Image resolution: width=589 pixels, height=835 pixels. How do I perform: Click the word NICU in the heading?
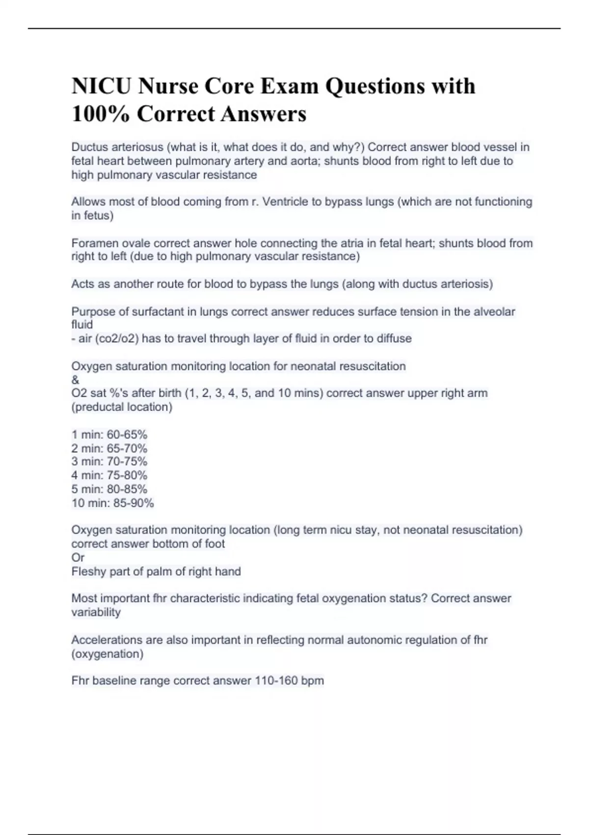click(x=101, y=86)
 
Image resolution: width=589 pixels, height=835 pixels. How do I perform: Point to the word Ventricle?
click(x=288, y=202)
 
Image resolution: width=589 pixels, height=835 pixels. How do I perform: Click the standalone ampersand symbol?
click(x=75, y=380)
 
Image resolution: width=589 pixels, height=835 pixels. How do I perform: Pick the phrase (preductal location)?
click(x=122, y=407)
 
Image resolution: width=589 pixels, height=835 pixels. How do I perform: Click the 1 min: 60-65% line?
click(x=109, y=435)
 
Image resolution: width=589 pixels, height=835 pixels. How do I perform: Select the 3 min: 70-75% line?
click(x=109, y=462)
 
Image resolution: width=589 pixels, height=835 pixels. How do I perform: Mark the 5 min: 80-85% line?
click(x=109, y=489)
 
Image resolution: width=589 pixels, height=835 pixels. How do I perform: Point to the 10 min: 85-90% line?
click(x=112, y=503)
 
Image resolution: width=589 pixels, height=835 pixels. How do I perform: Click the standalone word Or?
click(x=78, y=557)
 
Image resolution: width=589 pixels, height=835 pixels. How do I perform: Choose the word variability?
click(x=96, y=612)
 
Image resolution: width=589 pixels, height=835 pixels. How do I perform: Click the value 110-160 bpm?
click(x=289, y=681)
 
